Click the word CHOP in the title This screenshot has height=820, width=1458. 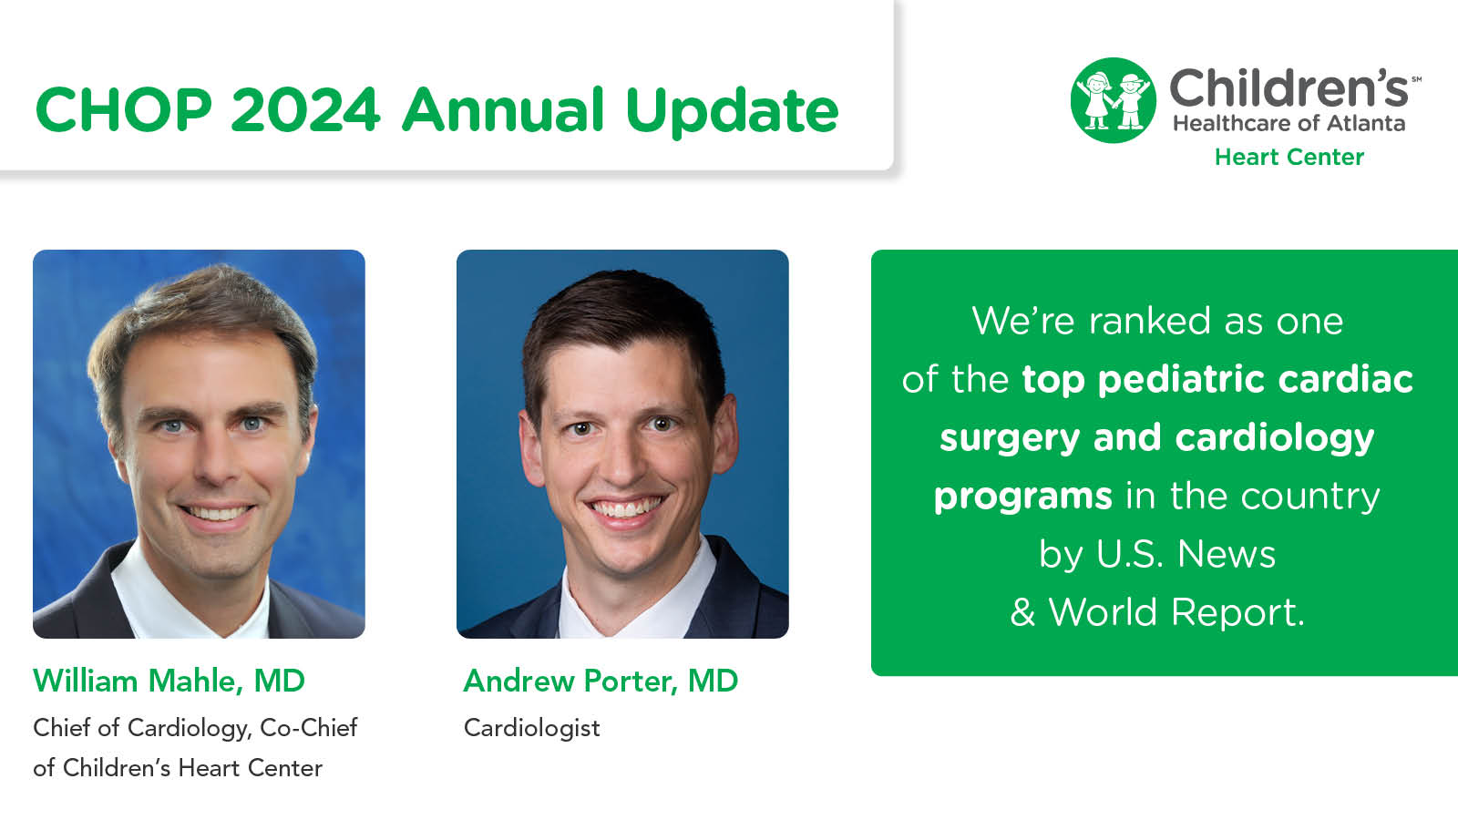pos(123,110)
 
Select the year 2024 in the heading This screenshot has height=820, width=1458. pos(304,110)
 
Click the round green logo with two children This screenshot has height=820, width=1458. pos(1113,100)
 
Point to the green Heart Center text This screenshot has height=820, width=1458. pos(1289,158)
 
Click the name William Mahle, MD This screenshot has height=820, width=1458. pos(169,681)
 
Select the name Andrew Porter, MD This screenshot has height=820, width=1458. pos(601,681)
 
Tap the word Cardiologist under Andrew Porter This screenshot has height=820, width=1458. pos(531,728)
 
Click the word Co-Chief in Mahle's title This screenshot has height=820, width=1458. pos(309,728)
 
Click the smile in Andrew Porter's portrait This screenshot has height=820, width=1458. pos(626,507)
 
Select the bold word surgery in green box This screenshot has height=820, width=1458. pos(1010,438)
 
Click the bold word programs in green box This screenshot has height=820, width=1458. pos(1022,497)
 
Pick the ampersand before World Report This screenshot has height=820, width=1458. pos(1022,612)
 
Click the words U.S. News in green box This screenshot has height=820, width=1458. pos(1186,554)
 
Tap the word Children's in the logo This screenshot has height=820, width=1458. pos(1289,88)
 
